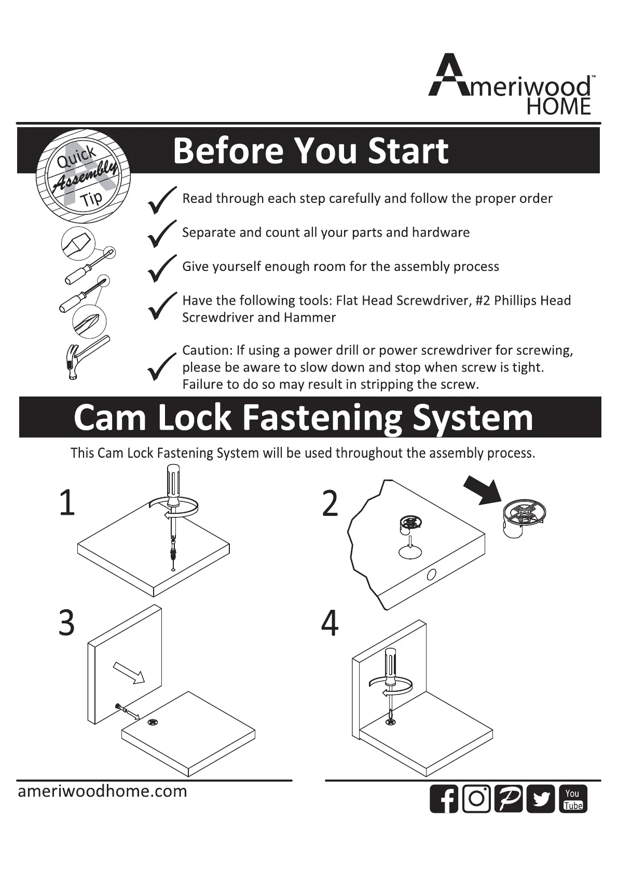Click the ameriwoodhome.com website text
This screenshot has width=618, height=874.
[102, 791]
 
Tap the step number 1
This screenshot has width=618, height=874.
[67, 502]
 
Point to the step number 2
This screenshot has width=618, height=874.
[330, 503]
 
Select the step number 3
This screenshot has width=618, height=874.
[66, 623]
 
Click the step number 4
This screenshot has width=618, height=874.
[330, 623]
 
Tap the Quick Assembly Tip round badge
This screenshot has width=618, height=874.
[83, 176]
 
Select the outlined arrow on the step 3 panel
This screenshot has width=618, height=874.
[128, 673]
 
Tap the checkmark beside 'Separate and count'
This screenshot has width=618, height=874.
[161, 234]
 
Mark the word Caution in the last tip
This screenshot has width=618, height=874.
[206, 350]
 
